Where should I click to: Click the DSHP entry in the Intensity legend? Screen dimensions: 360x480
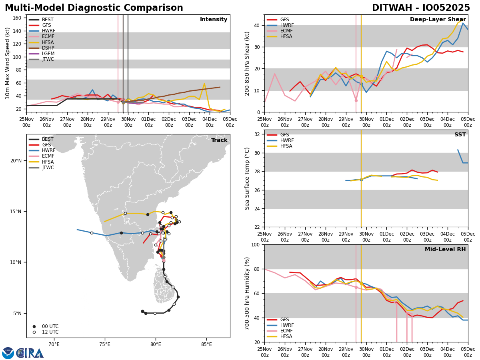[x=48, y=48]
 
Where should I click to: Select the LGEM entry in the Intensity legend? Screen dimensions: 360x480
[x=48, y=54]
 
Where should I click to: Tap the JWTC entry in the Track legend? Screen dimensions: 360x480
[x=48, y=168]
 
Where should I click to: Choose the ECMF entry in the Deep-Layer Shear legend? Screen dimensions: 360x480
[x=285, y=31]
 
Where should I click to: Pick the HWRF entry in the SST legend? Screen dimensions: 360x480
[x=287, y=140]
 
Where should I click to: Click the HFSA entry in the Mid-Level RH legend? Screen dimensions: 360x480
[x=286, y=336]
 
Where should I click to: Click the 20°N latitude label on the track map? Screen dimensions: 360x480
[x=16, y=161]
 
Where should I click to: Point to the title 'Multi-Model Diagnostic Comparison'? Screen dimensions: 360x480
[x=94, y=8]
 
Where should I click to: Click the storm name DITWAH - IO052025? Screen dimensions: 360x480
[x=421, y=8]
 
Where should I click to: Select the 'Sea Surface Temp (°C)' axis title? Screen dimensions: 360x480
[x=247, y=178]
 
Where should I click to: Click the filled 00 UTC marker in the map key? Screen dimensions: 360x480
[x=34, y=326]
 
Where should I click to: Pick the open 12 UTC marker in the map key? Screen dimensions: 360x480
[x=34, y=332]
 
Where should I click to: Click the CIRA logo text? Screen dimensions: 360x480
[x=30, y=353]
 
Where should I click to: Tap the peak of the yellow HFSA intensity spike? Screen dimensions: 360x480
[x=204, y=84]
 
